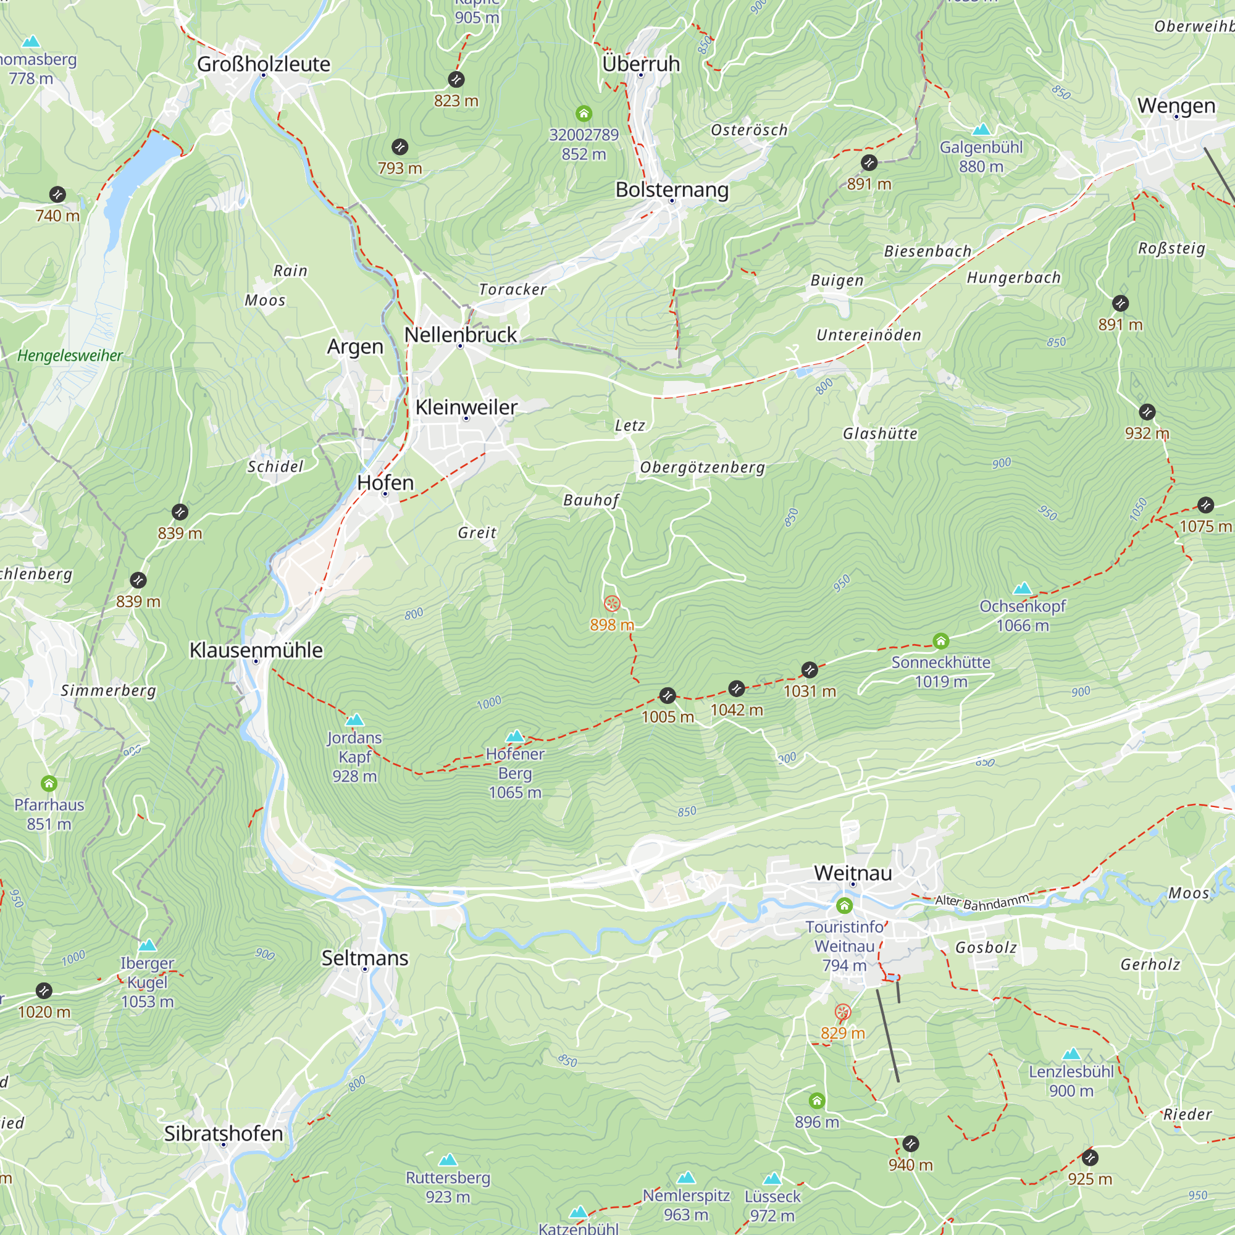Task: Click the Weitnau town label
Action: tap(853, 873)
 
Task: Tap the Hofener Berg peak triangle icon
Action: tap(514, 737)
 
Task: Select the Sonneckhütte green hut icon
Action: tap(940, 640)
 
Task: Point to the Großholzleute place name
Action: tap(264, 64)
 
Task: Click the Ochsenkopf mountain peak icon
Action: tap(1022, 587)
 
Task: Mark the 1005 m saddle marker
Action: tap(668, 695)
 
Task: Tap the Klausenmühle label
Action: tap(256, 650)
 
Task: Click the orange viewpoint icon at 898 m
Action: tap(612, 603)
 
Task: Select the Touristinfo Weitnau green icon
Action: tap(844, 905)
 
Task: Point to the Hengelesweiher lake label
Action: tap(70, 356)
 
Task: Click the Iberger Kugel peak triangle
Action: tap(147, 945)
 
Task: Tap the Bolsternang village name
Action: tap(672, 190)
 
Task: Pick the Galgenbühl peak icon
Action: tap(981, 130)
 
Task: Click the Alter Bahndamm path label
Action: tap(982, 902)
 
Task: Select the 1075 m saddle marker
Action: tap(1205, 505)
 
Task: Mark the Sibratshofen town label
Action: tap(223, 1133)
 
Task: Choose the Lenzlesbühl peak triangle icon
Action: tap(1071, 1054)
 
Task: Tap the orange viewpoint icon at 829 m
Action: tap(842, 1012)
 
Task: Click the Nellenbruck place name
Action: tap(460, 334)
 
